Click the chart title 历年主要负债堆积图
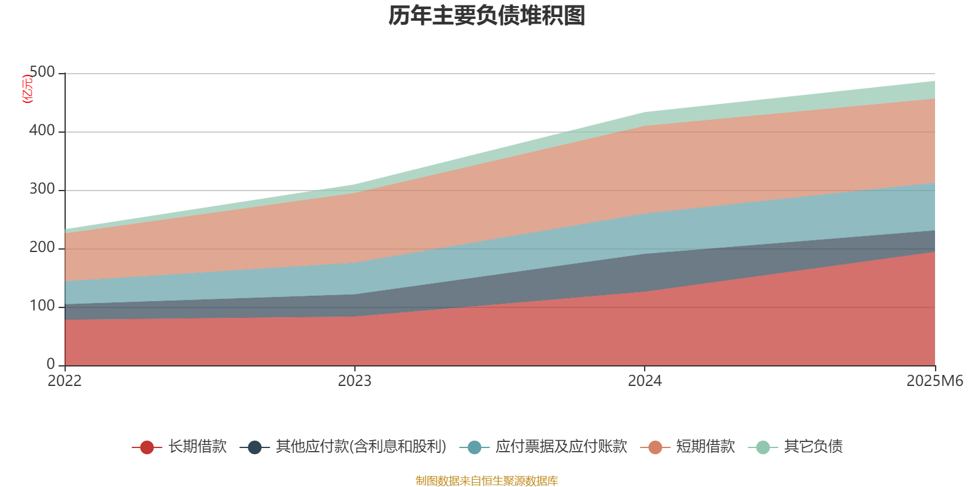pos(487,16)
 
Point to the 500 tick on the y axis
pos(42,72)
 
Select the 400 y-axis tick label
pos(42,131)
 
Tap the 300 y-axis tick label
pos(42,189)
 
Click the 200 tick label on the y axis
pos(42,248)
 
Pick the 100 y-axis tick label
pos(42,306)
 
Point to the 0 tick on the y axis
pos(51,364)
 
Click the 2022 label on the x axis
pos(65,381)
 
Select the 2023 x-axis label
pos(354,381)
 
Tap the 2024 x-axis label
pos(645,381)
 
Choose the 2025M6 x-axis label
pos(934,381)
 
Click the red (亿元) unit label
pos(27,89)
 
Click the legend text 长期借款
pos(197,447)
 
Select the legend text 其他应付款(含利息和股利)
pos(361,447)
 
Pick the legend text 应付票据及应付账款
pos(561,447)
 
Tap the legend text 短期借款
pos(706,447)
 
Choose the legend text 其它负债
pos(813,447)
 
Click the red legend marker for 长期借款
pos(147,447)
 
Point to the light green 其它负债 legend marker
pos(763,447)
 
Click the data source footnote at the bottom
pos(487,481)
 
